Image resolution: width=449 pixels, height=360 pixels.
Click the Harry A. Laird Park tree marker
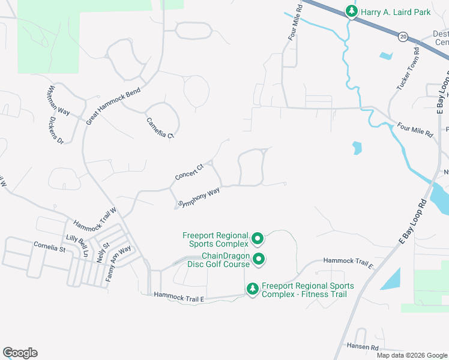click(x=351, y=11)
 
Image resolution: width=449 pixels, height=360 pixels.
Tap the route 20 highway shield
click(x=403, y=37)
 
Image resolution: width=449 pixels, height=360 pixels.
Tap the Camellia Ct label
click(x=160, y=128)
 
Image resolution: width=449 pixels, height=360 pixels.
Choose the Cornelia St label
click(x=49, y=247)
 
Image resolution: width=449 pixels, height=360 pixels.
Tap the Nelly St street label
click(x=103, y=252)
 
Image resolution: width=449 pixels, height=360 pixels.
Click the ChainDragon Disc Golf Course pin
click(x=259, y=259)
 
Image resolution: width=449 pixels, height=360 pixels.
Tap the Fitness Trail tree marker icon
click(x=253, y=289)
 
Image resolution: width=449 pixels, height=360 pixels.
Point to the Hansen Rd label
click(x=362, y=347)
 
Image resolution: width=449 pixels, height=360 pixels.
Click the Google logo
click(x=20, y=353)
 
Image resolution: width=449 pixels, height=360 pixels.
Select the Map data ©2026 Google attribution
click(x=411, y=355)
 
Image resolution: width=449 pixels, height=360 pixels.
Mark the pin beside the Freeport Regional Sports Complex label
click(x=258, y=239)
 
